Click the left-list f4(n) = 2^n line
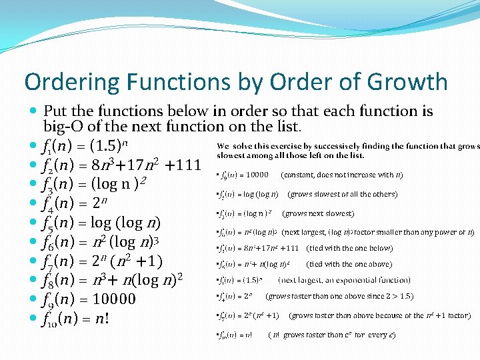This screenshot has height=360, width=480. click(x=78, y=203)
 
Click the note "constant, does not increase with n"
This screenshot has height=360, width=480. click(x=342, y=175)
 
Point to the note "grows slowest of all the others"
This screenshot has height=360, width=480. click(x=342, y=194)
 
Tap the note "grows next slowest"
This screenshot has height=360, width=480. click(x=318, y=213)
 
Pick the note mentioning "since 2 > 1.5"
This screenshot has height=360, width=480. click(x=339, y=296)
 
